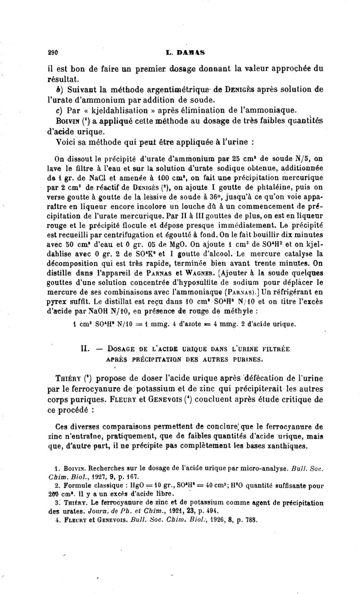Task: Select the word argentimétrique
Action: pyautogui.click(x=156, y=89)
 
